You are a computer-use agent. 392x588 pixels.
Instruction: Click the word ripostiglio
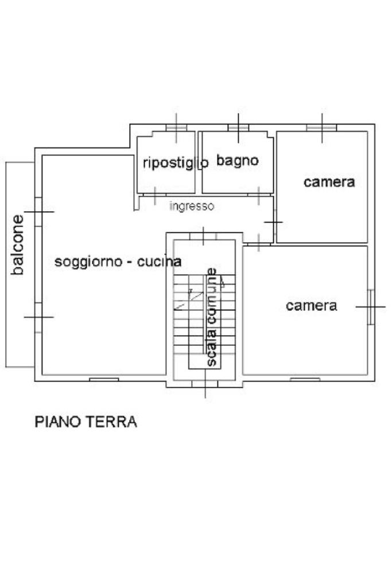(x=176, y=163)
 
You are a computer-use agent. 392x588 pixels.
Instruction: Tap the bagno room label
(x=238, y=161)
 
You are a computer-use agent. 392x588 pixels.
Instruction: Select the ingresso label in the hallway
(x=192, y=206)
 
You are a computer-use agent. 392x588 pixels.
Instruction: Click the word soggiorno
(x=88, y=262)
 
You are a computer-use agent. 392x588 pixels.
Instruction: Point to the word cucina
(x=160, y=262)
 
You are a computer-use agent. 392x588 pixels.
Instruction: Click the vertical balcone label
(x=17, y=244)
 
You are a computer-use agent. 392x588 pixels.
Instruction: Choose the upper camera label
(x=329, y=182)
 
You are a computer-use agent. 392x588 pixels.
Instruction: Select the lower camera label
(x=311, y=306)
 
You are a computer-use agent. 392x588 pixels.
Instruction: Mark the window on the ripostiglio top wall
(x=176, y=128)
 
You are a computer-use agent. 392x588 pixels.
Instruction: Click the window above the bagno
(x=238, y=128)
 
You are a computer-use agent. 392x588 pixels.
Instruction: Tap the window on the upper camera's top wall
(x=321, y=128)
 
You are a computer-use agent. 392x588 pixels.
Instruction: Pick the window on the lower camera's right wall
(x=371, y=307)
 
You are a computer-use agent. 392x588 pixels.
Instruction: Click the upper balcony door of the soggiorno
(x=38, y=212)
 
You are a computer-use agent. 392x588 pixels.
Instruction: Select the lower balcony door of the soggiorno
(x=38, y=317)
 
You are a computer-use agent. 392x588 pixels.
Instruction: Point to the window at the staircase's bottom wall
(x=205, y=384)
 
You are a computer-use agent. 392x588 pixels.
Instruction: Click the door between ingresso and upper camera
(x=274, y=223)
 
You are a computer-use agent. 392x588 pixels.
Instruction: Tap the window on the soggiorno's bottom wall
(x=104, y=380)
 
